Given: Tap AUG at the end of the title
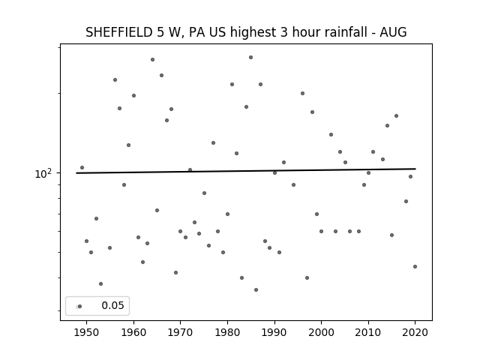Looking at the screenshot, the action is tap(393, 32).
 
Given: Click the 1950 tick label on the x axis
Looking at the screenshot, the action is tap(87, 332).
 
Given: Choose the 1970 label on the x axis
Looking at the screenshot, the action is tap(180, 332).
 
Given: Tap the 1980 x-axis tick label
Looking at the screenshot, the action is tap(227, 332).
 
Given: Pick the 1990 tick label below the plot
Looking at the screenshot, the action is tap(274, 332).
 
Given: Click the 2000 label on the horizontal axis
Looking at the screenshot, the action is tap(322, 332).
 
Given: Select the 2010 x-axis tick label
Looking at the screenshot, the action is tap(368, 332).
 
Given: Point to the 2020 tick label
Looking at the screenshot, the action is tap(415, 332).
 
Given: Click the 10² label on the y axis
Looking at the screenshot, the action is tap(43, 173).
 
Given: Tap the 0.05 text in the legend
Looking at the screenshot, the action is tap(112, 305).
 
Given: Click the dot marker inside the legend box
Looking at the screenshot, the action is tap(80, 307).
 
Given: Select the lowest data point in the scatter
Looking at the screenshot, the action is tap(256, 290).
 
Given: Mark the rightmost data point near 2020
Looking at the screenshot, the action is tap(415, 267).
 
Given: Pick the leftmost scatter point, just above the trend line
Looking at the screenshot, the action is tap(82, 168).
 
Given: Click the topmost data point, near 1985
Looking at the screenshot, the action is tap(250, 58).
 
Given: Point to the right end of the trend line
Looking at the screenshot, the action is tap(415, 169).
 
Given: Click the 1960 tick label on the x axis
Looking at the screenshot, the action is tap(133, 332).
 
